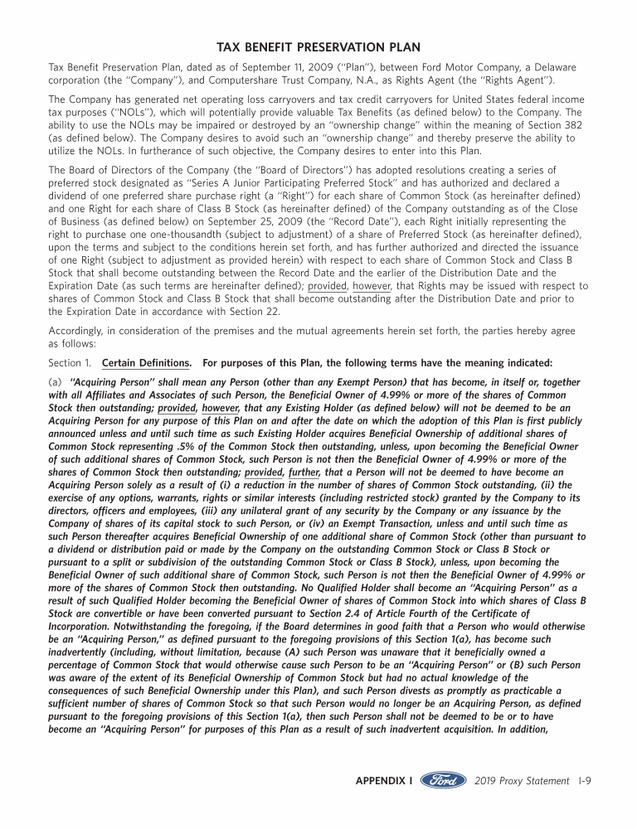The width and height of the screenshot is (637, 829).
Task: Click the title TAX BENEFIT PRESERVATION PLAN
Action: tap(318, 46)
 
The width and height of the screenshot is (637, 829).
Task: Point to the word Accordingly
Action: tap(77, 331)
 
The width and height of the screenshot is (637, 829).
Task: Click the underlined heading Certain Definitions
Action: tap(148, 362)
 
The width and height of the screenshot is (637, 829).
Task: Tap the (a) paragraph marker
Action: tap(56, 382)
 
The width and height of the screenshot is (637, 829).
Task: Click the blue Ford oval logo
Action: tap(444, 781)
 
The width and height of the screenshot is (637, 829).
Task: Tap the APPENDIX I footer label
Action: tap(383, 781)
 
